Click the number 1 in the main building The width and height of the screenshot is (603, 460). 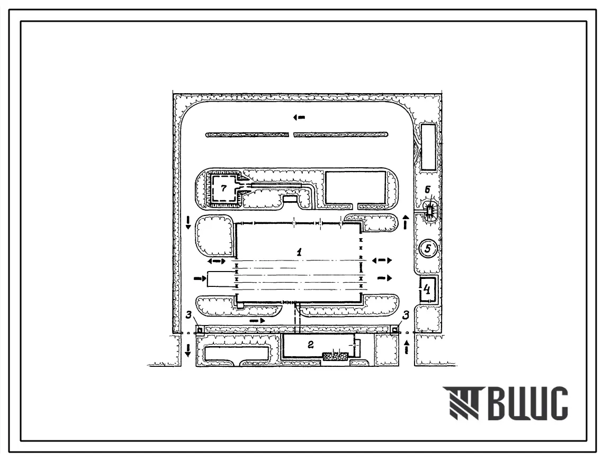click(x=299, y=252)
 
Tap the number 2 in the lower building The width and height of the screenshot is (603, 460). click(x=311, y=345)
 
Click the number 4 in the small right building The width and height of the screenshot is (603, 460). click(x=427, y=289)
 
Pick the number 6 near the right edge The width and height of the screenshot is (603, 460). click(x=427, y=190)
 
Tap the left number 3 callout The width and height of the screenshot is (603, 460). click(x=188, y=314)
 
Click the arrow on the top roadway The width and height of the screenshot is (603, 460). click(x=299, y=118)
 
